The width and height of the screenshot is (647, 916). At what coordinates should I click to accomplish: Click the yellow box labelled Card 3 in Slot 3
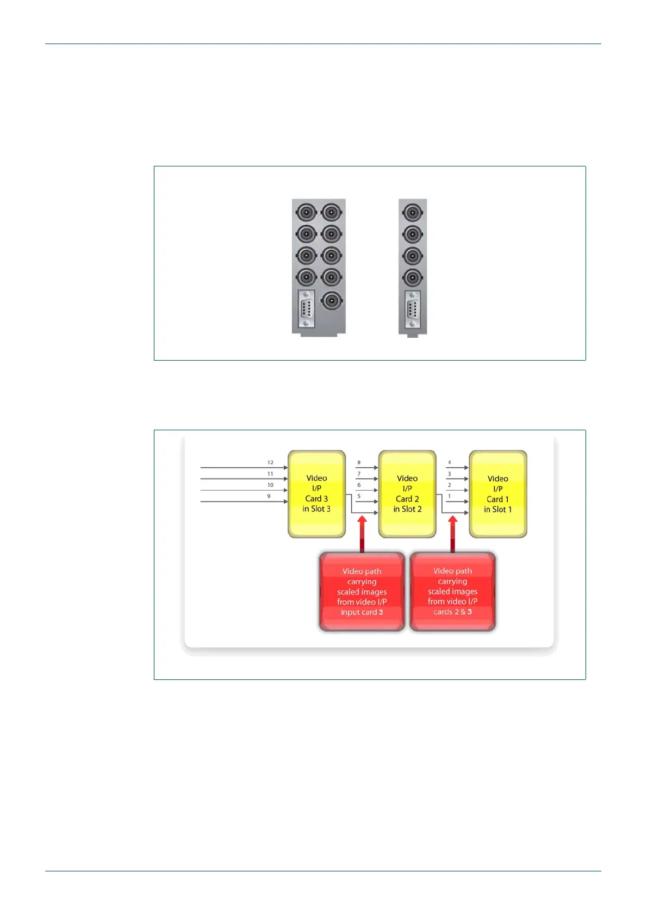click(x=316, y=493)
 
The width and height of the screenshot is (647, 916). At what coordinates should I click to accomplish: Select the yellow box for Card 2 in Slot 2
click(x=407, y=493)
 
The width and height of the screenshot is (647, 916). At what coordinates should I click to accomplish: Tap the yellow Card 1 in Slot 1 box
click(x=497, y=493)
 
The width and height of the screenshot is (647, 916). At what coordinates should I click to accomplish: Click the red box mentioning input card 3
click(x=362, y=591)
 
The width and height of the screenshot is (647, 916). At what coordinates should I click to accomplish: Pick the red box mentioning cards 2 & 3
click(x=452, y=591)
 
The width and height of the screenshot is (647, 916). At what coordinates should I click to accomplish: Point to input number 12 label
click(x=270, y=462)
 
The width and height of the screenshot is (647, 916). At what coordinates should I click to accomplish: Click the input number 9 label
click(x=269, y=496)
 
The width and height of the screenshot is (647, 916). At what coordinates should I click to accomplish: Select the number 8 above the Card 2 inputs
click(x=359, y=462)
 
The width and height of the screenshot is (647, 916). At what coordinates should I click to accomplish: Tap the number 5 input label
click(x=359, y=496)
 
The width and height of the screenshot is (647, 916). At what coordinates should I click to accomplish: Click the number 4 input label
click(x=449, y=462)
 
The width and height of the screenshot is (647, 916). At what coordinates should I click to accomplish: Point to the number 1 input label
click(x=449, y=496)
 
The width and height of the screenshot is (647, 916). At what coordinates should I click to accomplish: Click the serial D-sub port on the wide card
click(x=306, y=309)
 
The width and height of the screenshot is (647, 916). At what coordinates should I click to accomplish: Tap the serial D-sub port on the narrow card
click(x=413, y=309)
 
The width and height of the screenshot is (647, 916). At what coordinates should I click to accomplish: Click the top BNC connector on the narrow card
click(x=413, y=212)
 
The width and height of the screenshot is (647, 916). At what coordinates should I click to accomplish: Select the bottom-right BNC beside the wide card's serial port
click(x=331, y=300)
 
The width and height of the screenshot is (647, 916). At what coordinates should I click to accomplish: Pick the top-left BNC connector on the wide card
click(x=306, y=212)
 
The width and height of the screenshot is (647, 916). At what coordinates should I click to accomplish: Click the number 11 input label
click(x=270, y=474)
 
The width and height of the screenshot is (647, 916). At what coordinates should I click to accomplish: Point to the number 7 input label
click(x=359, y=474)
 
